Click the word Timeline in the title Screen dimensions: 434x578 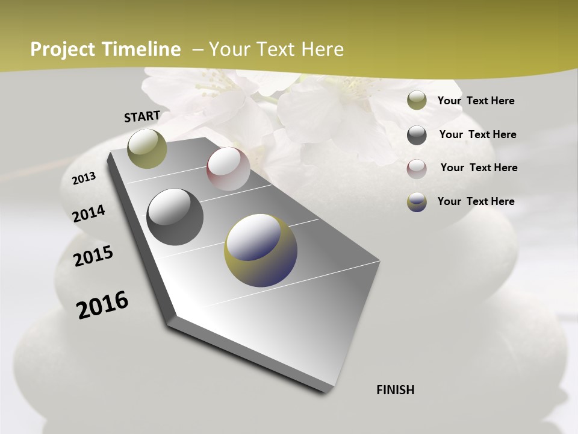142,49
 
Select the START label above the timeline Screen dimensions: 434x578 142,116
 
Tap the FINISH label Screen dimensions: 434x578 396,390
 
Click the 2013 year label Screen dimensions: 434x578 84,178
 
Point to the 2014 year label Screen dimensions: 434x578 89,213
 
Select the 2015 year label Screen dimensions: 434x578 93,256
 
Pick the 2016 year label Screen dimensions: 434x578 102,304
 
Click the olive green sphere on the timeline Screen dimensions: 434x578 148,148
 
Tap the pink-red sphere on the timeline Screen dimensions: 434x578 228,169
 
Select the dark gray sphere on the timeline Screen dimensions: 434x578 175,217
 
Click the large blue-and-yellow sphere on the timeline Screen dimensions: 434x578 261,250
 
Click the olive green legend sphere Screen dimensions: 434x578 417,101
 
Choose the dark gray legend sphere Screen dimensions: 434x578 417,135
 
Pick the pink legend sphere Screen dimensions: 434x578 417,169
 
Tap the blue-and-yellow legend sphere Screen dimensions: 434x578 417,202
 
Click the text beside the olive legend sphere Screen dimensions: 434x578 476,101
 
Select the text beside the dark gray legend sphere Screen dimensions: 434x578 477,134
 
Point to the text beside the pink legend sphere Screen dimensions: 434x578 479,168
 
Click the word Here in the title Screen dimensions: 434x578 321,49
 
